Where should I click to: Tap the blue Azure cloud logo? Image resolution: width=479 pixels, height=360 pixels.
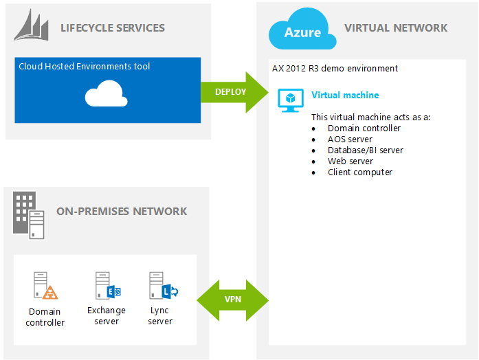coord(302,30)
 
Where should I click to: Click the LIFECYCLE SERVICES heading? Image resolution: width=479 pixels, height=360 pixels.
coord(112,28)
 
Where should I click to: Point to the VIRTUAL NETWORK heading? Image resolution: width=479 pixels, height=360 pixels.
coord(395,28)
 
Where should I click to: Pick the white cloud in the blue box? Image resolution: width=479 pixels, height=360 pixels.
coord(106,95)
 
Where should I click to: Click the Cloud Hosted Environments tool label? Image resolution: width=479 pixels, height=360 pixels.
coord(85,67)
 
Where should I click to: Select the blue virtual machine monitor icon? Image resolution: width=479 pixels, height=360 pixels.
coord(289,100)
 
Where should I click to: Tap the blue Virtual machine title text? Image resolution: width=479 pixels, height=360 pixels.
coord(345,95)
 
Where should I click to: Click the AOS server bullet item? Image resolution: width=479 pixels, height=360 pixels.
coord(350,139)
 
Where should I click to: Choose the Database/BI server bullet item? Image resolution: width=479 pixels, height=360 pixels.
coord(365,150)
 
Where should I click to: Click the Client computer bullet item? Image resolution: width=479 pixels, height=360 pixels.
coord(359,172)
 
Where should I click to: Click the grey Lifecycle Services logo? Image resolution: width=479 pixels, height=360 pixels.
coord(33,28)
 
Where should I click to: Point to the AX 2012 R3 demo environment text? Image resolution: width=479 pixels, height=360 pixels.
coord(335,69)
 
